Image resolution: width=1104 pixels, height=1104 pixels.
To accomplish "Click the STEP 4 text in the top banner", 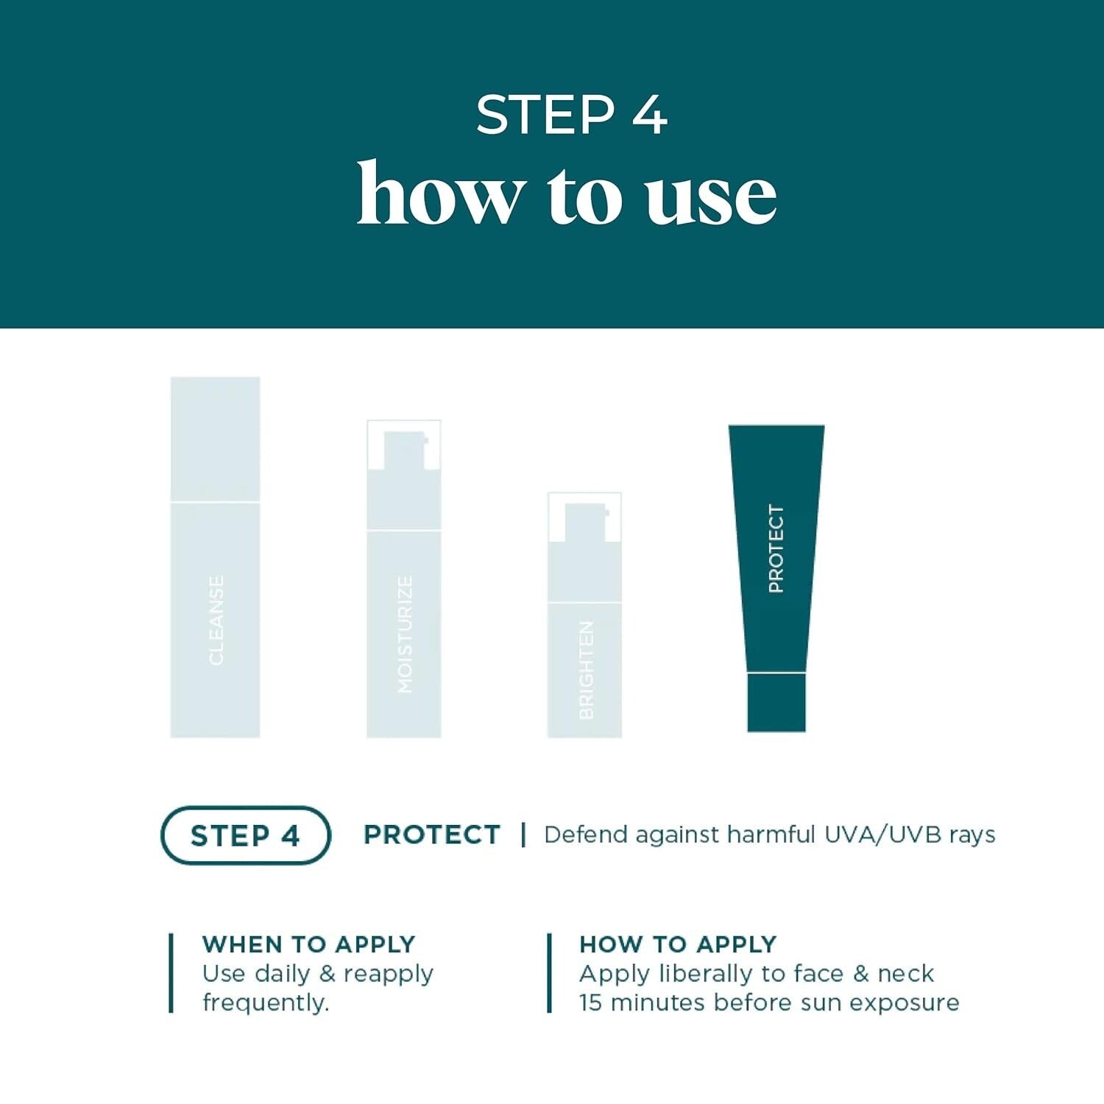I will pos(571,115).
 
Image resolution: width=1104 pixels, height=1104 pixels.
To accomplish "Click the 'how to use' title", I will pos(567,194).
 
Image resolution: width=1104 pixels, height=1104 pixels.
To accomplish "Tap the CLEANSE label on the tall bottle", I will pos(216,620).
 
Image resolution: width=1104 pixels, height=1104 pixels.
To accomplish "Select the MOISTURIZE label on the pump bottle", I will pos(405,634).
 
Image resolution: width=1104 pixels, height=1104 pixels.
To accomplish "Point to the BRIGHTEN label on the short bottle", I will pos(586,670).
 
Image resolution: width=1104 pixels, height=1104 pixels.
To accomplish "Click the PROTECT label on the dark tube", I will pos(776,548).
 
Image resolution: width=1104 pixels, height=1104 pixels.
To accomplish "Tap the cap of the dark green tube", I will pos(776,702).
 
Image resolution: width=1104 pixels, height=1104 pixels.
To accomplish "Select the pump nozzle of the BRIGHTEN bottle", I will pos(586,521).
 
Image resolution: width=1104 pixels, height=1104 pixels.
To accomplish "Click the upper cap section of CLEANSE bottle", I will pos(216,439).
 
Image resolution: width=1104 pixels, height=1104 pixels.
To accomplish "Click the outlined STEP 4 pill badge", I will pos(245,835).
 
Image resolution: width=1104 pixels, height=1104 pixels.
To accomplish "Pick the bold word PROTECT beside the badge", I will pos(432,835).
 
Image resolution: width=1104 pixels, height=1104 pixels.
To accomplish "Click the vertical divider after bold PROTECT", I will pos(523,835).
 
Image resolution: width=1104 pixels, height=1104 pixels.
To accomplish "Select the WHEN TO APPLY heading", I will pos(308,944).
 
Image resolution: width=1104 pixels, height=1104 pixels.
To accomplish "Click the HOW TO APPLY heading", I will pos(678,944).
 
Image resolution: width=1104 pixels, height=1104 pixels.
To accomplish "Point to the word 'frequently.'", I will pos(266,1002).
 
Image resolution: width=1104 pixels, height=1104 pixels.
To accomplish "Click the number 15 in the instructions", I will pos(590,1002).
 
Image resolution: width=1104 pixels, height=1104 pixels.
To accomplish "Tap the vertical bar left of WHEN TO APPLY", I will pos(171,973).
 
